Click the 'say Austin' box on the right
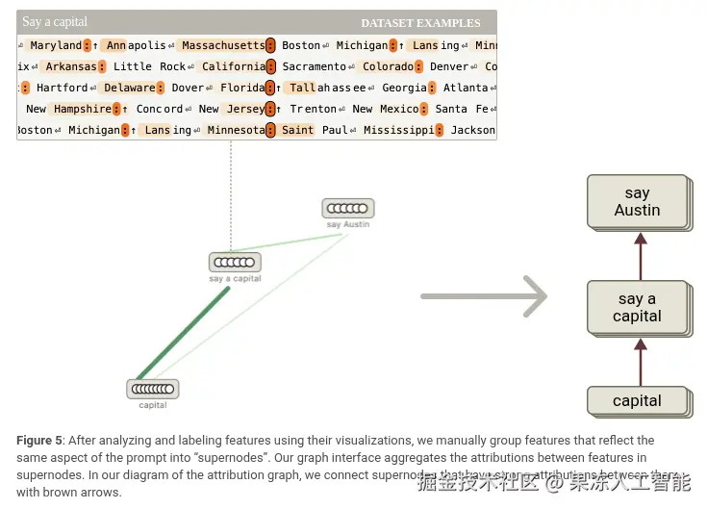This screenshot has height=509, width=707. click(637, 202)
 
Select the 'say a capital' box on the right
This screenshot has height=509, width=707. click(637, 308)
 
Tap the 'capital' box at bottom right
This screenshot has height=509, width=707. click(637, 401)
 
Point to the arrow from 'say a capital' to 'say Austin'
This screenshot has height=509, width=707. click(637, 255)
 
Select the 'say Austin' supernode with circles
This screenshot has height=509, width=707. click(347, 208)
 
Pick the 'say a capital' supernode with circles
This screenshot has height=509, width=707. click(235, 263)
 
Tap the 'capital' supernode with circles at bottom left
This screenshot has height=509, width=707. click(153, 389)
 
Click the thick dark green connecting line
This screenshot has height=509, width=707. click(183, 333)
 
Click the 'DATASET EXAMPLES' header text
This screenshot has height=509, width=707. click(420, 23)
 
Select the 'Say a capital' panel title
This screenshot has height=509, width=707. click(55, 22)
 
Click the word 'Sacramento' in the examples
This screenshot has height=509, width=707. click(314, 66)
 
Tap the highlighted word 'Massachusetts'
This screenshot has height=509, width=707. click(223, 45)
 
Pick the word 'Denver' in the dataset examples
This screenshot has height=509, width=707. click(449, 66)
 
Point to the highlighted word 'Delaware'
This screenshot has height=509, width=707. click(130, 88)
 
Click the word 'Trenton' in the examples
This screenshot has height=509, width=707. click(314, 109)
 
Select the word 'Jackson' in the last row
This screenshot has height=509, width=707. click(473, 130)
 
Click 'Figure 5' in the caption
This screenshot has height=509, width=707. click(39, 441)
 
